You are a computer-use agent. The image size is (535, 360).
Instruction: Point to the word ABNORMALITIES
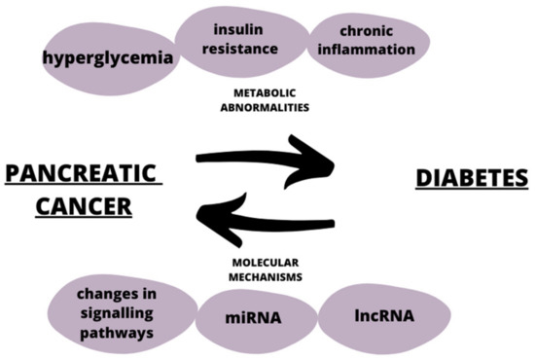tap(264, 107)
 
